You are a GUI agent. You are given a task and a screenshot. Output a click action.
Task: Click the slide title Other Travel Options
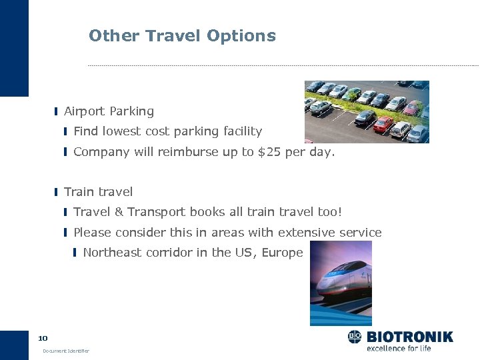(x=182, y=36)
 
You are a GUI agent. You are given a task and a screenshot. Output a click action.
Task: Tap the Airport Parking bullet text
(x=109, y=111)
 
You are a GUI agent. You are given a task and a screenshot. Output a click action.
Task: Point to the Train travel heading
(x=98, y=192)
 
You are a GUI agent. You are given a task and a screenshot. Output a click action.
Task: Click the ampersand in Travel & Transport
(x=119, y=212)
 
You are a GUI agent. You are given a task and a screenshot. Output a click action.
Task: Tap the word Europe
(x=283, y=252)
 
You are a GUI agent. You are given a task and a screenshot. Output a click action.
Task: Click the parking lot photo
(x=367, y=111)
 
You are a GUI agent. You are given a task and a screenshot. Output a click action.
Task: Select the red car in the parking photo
(x=383, y=124)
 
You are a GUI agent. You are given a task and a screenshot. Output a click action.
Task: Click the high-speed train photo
(x=341, y=283)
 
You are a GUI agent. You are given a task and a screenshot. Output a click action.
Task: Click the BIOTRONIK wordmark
(x=409, y=337)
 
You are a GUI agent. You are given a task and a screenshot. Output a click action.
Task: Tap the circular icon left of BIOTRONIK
(x=355, y=337)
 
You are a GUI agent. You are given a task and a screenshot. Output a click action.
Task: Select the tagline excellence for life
(x=399, y=348)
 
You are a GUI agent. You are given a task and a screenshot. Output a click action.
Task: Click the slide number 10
(x=43, y=338)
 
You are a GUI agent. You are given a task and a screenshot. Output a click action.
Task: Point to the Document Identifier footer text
(x=65, y=351)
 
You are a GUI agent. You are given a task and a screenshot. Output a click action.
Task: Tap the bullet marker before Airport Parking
(x=57, y=111)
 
